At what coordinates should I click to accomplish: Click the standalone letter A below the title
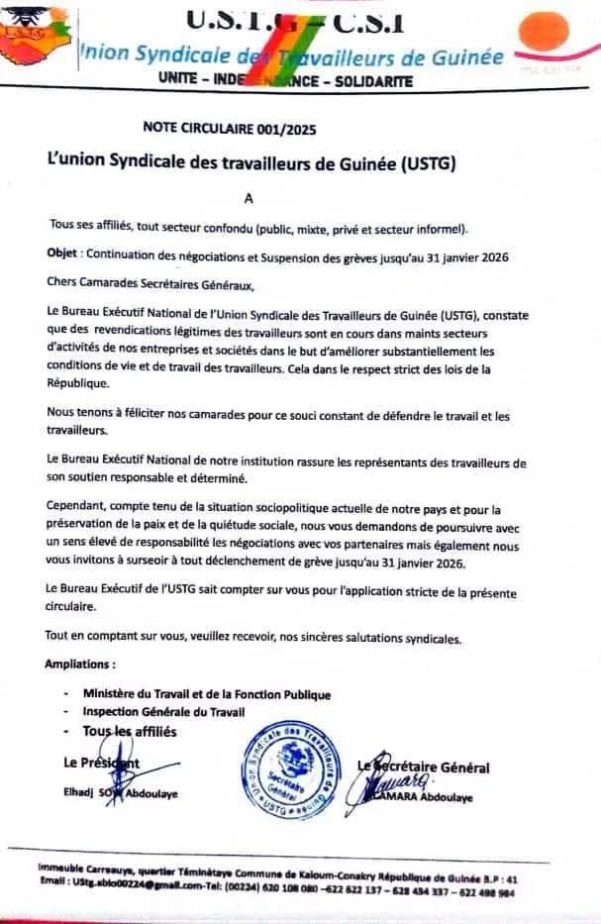click(x=249, y=197)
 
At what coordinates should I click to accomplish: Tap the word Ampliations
click(x=80, y=664)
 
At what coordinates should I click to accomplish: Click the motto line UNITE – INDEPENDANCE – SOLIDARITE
click(x=285, y=82)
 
